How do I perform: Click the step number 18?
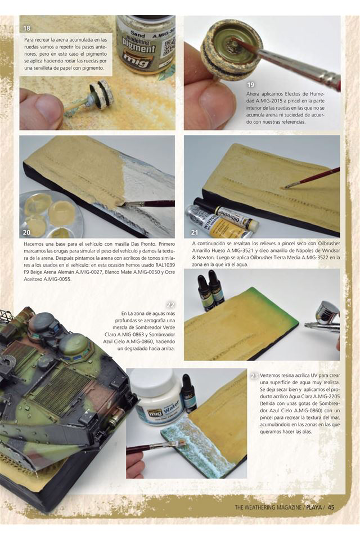click(x=27, y=28)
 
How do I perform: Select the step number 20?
click(x=26, y=232)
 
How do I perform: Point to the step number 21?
click(x=195, y=232)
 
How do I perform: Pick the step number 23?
click(x=254, y=376)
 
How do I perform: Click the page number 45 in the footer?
click(x=331, y=507)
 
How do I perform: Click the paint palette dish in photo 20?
click(x=51, y=214)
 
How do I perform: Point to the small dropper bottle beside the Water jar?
click(x=189, y=394)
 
